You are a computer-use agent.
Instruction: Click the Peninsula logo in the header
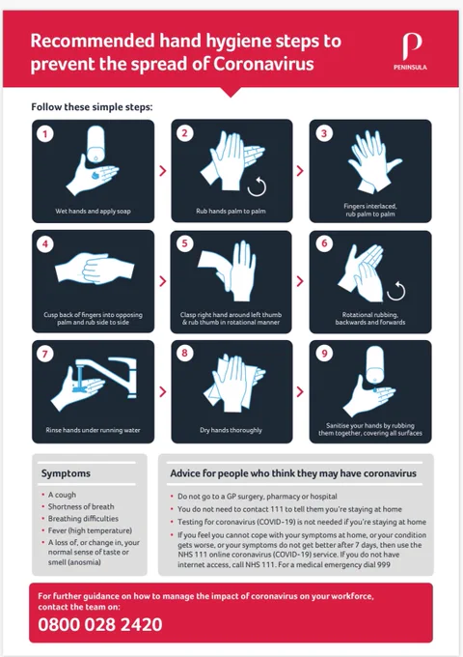click(410, 51)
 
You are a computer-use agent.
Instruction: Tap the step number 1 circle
click(45, 134)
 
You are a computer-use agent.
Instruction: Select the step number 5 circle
click(184, 243)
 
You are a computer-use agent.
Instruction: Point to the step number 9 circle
click(324, 354)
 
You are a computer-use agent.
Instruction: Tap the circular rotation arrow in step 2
click(257, 186)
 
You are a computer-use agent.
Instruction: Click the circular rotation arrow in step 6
click(396, 291)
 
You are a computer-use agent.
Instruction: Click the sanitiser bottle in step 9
click(375, 364)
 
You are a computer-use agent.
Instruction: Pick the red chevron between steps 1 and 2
click(163, 171)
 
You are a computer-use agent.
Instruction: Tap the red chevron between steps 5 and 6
click(300, 281)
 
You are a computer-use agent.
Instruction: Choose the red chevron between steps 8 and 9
click(300, 391)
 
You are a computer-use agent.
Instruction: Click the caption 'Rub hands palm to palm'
click(231, 212)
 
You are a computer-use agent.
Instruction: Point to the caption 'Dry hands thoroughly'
click(231, 430)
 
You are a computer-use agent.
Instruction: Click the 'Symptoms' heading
click(66, 473)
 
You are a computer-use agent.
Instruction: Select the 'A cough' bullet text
click(62, 495)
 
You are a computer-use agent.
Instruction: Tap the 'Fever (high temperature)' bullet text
click(90, 530)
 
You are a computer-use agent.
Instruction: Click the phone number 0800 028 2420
click(100, 624)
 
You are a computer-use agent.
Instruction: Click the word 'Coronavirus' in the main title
click(263, 64)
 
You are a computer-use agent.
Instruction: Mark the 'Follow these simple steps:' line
click(92, 107)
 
